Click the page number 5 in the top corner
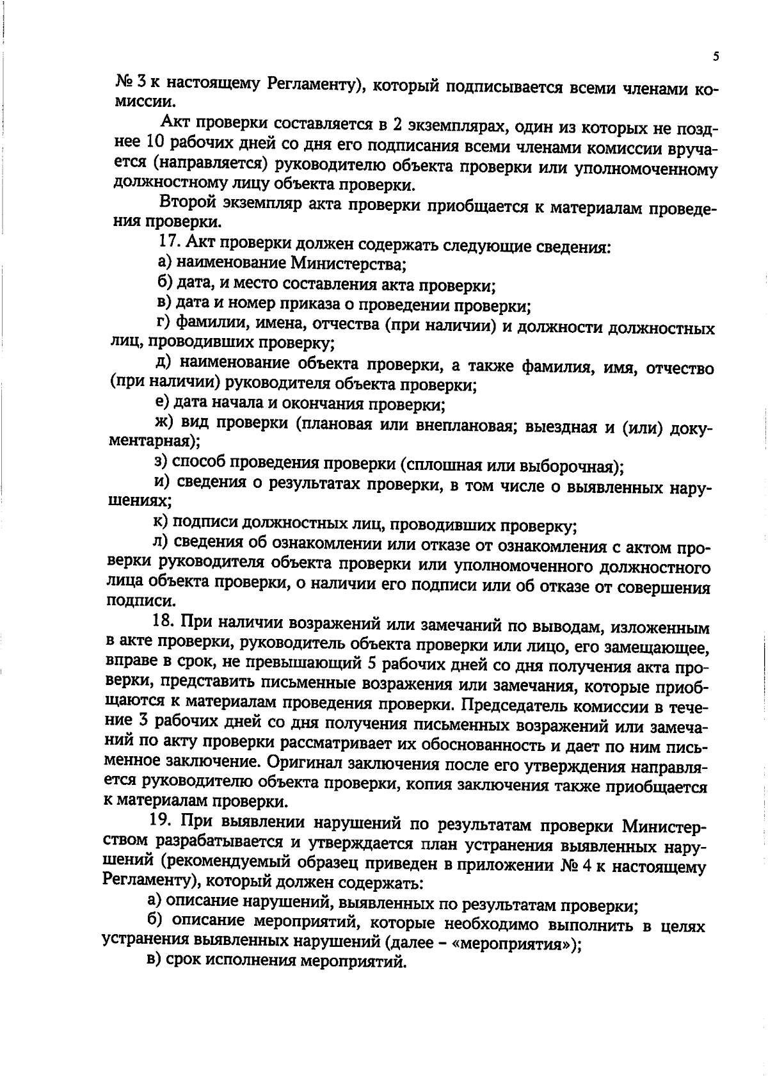716,56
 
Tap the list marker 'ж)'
164,424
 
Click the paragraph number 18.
164,623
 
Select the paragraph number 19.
163,821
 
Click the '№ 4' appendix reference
574,866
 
